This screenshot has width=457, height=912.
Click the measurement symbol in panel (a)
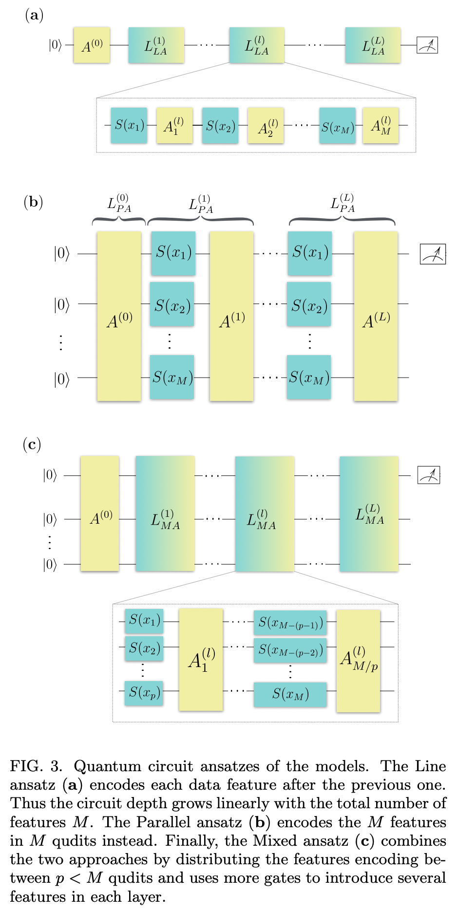(x=427, y=45)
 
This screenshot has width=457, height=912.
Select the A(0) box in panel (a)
(x=92, y=45)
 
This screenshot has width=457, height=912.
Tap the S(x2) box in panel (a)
(x=220, y=126)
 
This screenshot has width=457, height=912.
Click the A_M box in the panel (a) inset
(x=381, y=126)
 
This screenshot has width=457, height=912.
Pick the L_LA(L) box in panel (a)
(x=373, y=45)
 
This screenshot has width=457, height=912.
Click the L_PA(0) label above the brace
(x=119, y=204)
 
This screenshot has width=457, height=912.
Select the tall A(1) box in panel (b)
(x=231, y=317)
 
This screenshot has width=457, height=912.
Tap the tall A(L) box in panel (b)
(x=376, y=317)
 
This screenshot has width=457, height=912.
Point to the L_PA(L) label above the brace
(x=342, y=203)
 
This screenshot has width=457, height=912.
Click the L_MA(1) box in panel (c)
(x=165, y=514)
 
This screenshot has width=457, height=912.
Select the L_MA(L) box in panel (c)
(x=369, y=514)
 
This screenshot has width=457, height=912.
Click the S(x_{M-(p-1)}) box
(x=290, y=623)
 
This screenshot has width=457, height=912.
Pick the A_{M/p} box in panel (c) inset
(x=358, y=660)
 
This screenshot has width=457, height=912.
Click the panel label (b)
(x=34, y=202)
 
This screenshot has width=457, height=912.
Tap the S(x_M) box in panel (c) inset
(x=290, y=694)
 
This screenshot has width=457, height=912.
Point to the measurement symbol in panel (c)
(x=429, y=475)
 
